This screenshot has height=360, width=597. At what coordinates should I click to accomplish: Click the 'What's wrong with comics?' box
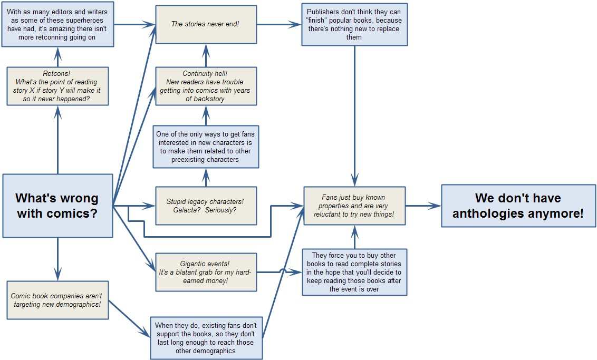coord(57,206)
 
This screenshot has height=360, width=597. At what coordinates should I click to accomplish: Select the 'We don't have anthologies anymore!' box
coord(518,206)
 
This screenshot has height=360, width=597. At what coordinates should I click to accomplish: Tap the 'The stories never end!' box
coord(206,24)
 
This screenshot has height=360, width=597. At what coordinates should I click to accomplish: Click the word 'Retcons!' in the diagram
coord(57,74)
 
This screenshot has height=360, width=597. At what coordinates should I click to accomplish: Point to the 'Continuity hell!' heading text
coord(205,74)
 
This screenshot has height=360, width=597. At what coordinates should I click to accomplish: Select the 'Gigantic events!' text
coord(206,264)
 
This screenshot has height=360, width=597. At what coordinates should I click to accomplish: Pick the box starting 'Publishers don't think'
coord(354,25)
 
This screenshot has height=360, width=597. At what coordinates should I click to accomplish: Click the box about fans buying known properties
coord(354,206)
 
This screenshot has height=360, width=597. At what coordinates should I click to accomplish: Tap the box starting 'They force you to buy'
coord(354,272)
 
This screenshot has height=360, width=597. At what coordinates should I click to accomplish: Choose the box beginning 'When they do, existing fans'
coord(206,338)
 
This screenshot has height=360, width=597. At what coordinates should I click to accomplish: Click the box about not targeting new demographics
coord(57,300)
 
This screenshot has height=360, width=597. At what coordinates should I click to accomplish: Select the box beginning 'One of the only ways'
coord(206,147)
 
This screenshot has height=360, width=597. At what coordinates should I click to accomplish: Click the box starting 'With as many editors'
coord(57,25)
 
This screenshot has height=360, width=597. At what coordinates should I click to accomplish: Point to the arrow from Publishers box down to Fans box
coord(354,116)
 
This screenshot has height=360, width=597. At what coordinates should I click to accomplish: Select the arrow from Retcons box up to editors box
coord(57,57)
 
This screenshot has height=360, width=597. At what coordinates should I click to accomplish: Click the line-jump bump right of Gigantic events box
coord(283,272)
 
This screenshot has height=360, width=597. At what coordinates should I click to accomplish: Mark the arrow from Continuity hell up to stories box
coord(206,56)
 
